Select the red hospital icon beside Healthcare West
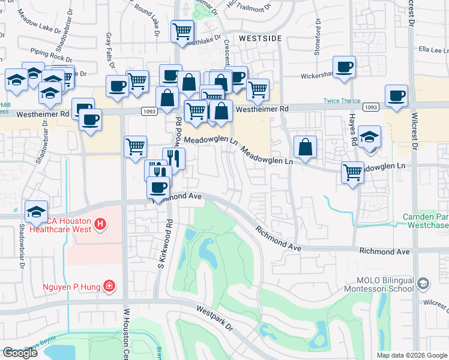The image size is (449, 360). (100, 225)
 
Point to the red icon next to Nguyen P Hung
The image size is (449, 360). (109, 285)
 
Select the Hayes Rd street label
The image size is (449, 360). (354, 130)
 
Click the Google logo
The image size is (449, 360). (20, 353)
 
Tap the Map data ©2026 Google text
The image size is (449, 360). (412, 355)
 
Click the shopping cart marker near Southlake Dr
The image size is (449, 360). (182, 31)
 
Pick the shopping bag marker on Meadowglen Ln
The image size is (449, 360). (305, 147)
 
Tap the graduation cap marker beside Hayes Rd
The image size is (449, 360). (369, 136)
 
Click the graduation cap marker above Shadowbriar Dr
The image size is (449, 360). (37, 211)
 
